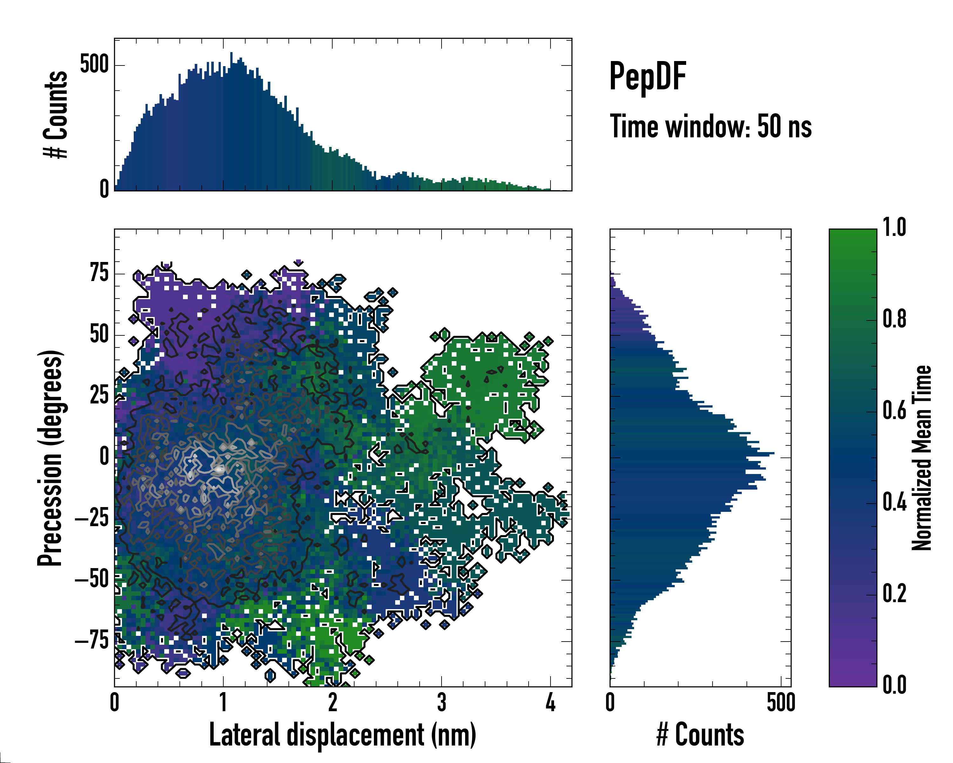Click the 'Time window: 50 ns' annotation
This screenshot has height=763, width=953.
[710, 127]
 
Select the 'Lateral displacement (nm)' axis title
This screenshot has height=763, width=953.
[342, 735]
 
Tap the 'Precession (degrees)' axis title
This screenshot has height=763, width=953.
[50, 458]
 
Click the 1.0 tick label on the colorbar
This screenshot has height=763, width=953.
[894, 227]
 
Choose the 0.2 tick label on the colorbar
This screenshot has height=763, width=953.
[894, 594]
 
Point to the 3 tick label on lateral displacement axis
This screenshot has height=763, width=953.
[442, 702]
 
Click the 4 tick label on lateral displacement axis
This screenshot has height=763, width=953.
[550, 702]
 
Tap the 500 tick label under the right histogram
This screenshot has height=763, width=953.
[781, 702]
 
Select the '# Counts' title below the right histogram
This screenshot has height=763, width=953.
[700, 735]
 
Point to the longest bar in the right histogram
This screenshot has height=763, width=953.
[692, 453]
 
